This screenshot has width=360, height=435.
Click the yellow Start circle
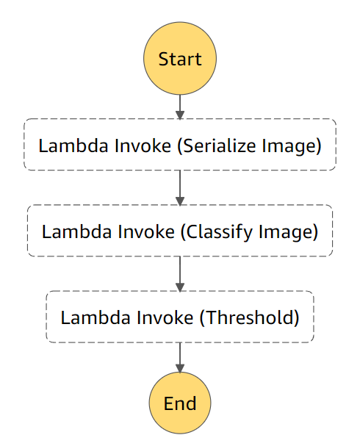tap(180, 59)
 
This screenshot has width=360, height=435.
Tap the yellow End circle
tap(180, 403)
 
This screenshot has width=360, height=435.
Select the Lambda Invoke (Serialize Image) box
tap(180, 145)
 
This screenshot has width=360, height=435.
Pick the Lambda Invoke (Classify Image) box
tap(180, 231)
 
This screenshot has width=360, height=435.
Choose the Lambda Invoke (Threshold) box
tap(180, 317)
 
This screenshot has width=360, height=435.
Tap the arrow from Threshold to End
tap(180, 359)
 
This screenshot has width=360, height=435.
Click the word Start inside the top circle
tap(180, 59)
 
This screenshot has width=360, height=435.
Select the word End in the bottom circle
tap(180, 403)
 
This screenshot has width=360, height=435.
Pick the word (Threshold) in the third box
tap(250, 317)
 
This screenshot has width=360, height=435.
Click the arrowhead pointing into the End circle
tap(180, 367)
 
